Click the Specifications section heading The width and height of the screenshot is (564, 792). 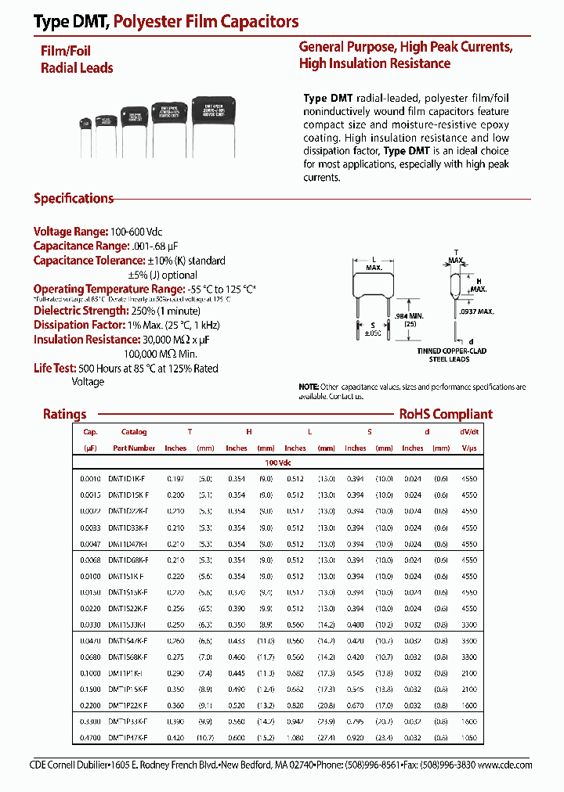(x=74, y=199)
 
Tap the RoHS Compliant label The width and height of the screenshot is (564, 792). (x=446, y=415)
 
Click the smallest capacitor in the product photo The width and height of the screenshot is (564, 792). (x=85, y=122)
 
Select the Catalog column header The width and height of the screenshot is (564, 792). (x=134, y=432)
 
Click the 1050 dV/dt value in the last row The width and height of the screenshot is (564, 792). (x=469, y=738)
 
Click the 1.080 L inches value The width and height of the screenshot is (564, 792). (x=295, y=738)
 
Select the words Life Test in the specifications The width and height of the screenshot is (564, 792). (x=53, y=369)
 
